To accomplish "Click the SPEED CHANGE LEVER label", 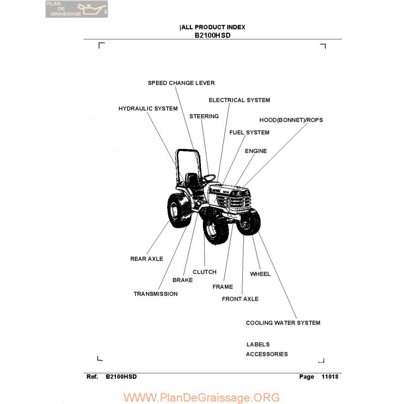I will coord(181,83).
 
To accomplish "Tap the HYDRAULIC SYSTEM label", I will coord(148,109).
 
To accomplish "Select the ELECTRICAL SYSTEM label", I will coord(239,100).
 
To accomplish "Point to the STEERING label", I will coord(204,116).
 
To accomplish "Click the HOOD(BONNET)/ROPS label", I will coord(291,120).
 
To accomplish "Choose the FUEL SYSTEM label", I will coord(249,132).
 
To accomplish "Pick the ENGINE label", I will coord(256,151).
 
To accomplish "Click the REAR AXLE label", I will coord(146,259).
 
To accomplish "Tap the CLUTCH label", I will coord(205,272).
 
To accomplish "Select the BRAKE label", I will coord(182,280).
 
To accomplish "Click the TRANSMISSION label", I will coord(156,294).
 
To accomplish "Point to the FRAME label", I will coord(223,287).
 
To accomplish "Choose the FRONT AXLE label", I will coord(240,299).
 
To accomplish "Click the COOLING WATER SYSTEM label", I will coord(283,323).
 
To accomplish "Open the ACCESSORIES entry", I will coord(267,354).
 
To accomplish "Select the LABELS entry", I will coord(258,344).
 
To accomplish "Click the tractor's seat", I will coord(192,179).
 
